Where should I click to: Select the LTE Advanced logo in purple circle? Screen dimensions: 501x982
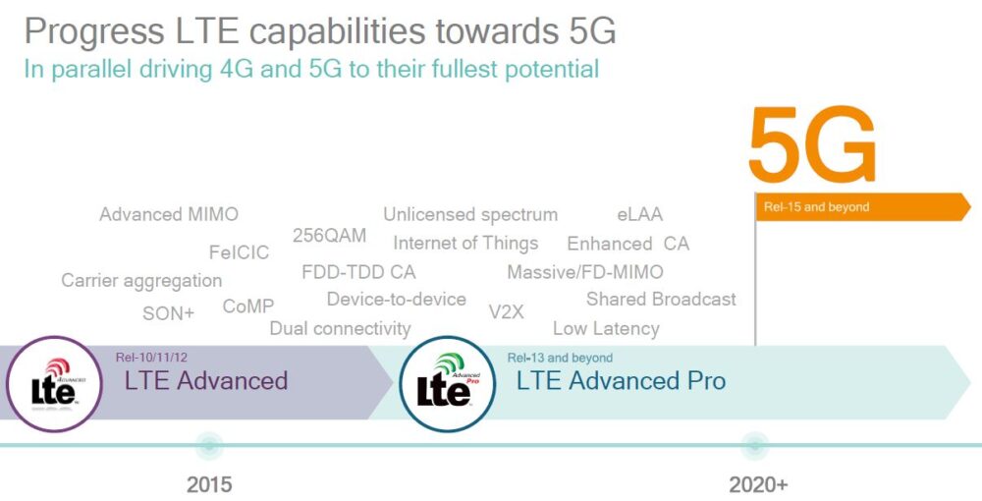pos(53,384)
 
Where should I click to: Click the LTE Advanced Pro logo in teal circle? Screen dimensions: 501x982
pos(448,384)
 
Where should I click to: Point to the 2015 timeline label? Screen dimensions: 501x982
pos(210,484)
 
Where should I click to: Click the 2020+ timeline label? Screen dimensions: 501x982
pos(758,484)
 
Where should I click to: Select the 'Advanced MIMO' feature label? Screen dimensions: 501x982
pos(169,214)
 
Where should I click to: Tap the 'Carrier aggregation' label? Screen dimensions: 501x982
pos(141,280)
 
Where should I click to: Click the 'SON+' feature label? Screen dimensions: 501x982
pos(169,313)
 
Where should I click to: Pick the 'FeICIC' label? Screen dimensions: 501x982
pos(239,252)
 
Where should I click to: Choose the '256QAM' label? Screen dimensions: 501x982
pos(329,236)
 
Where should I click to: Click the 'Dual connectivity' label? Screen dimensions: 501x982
pos(340,328)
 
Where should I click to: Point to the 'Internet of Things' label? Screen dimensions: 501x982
pos(465,243)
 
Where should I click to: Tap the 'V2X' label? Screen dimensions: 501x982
pos(506,311)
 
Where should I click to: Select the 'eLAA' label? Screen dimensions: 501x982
pos(639,214)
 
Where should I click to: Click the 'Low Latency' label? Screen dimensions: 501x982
pos(606,328)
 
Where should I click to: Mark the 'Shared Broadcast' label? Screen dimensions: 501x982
pos(661,299)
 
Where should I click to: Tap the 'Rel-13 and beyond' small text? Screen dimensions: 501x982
pos(560,358)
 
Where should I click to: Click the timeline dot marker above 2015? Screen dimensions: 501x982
pos(208,445)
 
